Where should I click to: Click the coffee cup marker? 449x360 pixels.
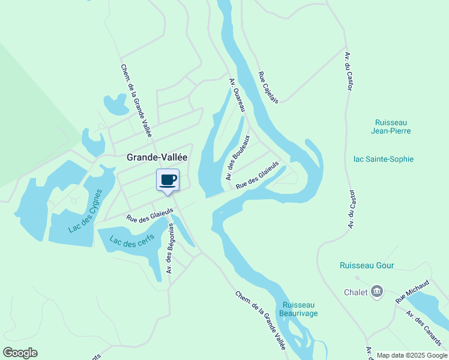[x=168, y=180]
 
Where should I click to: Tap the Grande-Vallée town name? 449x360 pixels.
[x=157, y=157]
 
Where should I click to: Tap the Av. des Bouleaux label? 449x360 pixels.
[x=238, y=161]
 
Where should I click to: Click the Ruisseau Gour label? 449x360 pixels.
[x=367, y=265]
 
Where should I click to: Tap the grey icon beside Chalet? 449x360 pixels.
[x=377, y=292]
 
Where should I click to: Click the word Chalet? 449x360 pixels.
[x=355, y=292]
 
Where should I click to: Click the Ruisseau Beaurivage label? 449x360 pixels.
[x=299, y=309]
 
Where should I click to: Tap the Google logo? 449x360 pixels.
[x=20, y=353]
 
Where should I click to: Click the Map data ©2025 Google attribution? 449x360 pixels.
[x=412, y=355]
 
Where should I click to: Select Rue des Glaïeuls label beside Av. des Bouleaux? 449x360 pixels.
[x=258, y=175]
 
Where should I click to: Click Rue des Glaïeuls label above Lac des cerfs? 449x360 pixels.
[x=149, y=215]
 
